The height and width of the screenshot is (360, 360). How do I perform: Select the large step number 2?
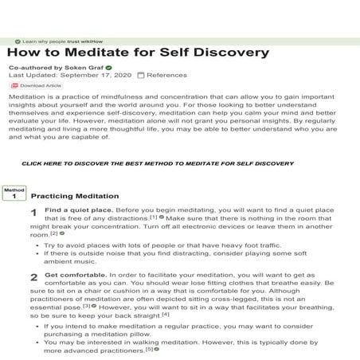[x=33, y=277]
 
